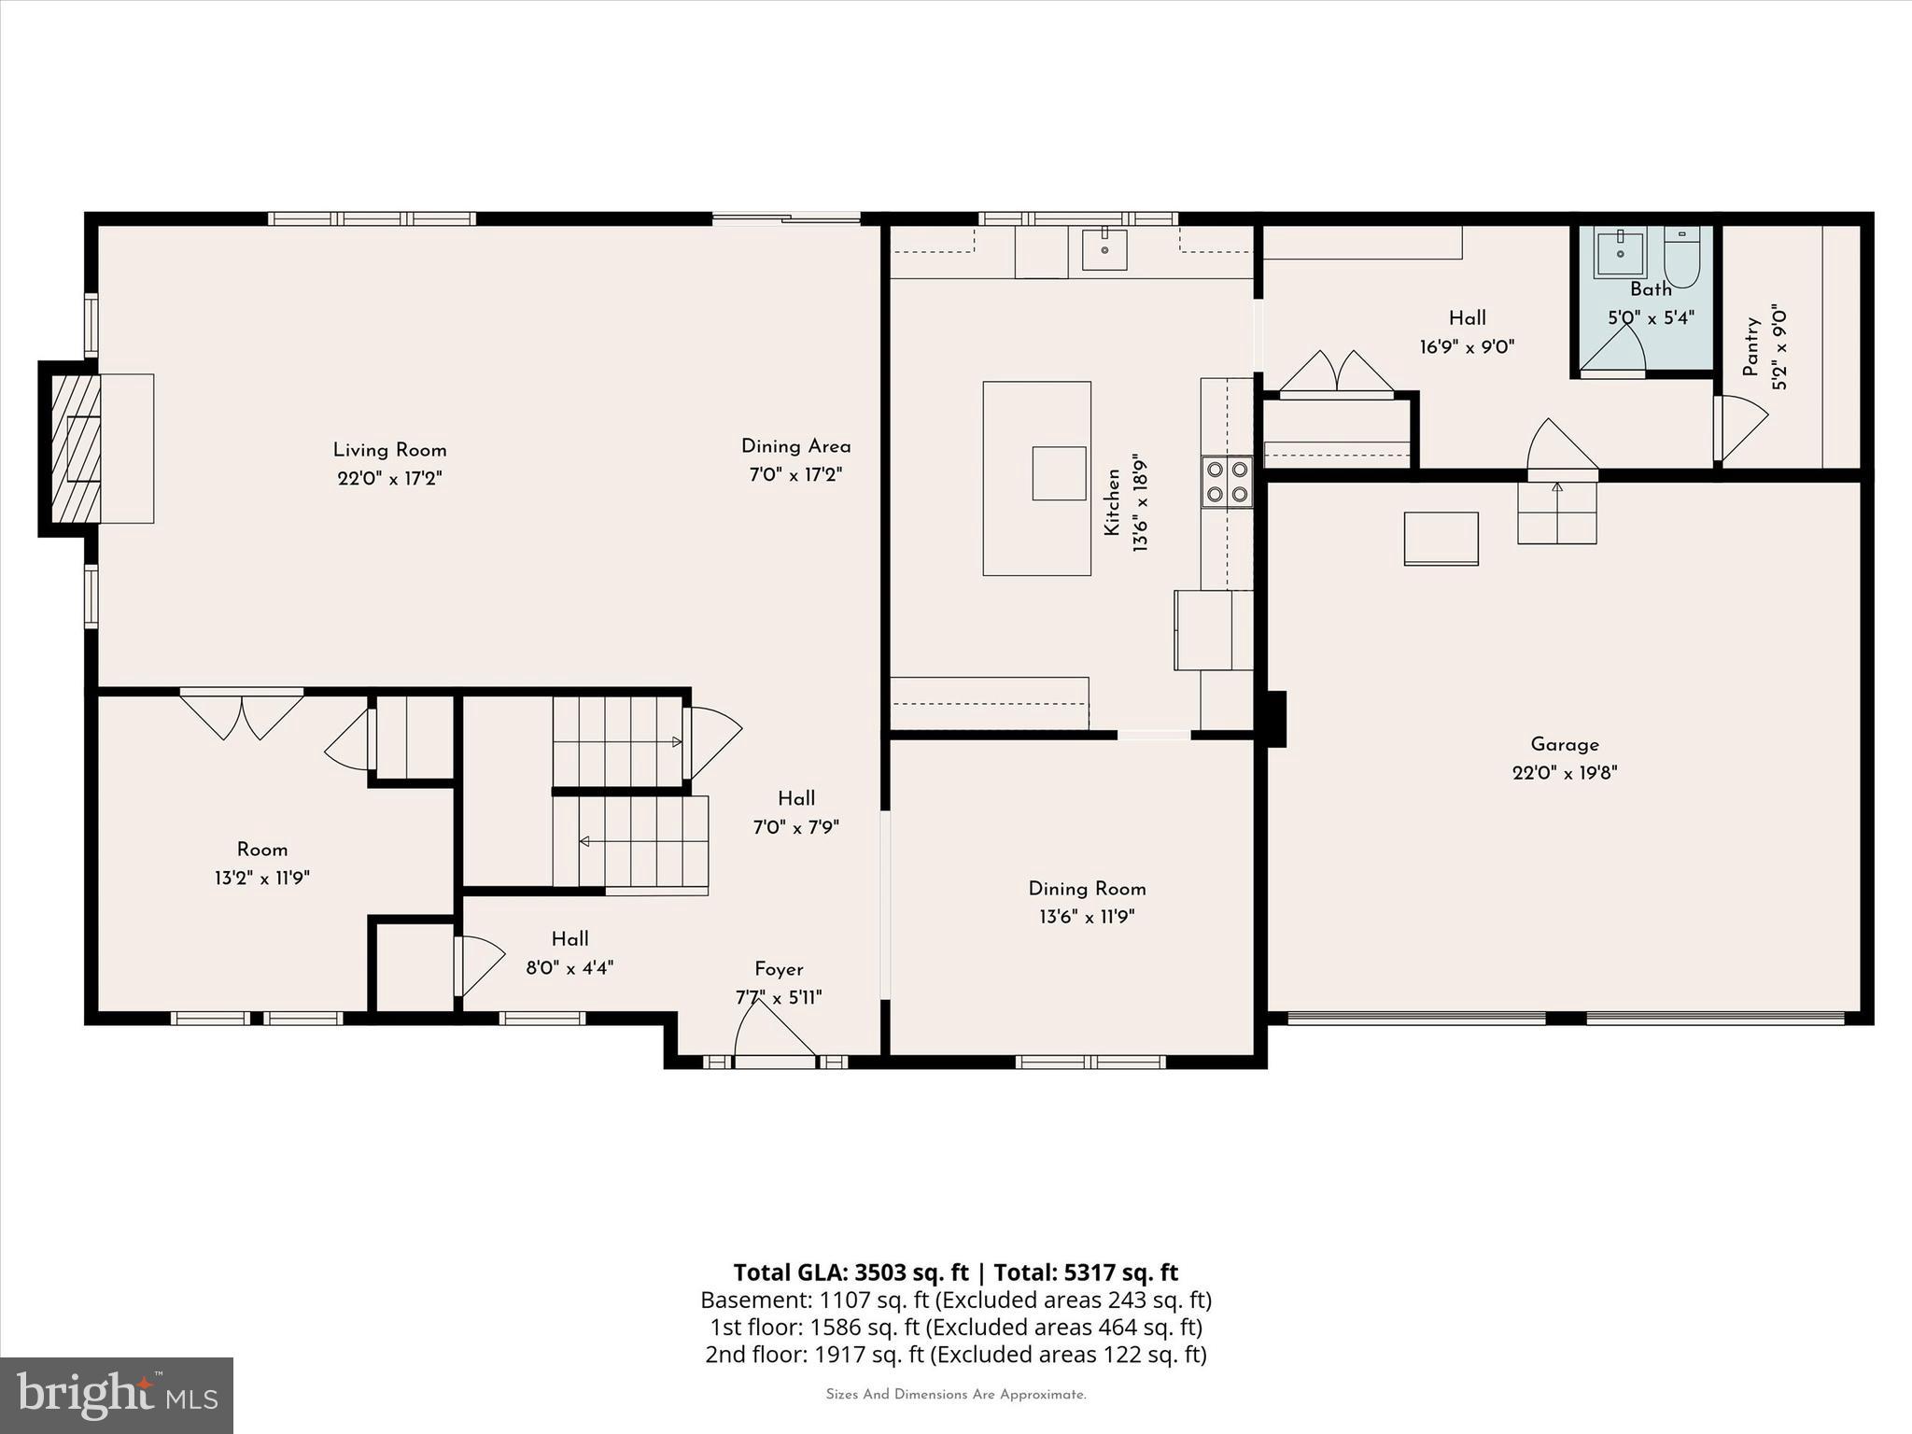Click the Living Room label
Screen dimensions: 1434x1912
coord(389,450)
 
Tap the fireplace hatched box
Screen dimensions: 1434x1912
coord(76,448)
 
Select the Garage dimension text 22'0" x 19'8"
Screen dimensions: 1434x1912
coord(1565,773)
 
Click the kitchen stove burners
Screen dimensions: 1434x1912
coord(1227,482)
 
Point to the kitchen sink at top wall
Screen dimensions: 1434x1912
coord(1104,249)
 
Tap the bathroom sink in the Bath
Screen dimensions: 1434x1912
coord(1620,252)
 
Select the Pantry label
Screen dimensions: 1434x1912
coord(1751,347)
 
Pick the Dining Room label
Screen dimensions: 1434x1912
coord(1087,889)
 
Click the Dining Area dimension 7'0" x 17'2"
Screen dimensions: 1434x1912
coord(795,475)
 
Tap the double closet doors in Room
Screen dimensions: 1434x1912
coord(242,714)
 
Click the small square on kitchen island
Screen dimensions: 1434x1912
coord(1059,473)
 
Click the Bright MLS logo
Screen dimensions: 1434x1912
coord(117,1395)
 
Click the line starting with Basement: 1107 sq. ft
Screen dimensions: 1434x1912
coord(955,1300)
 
